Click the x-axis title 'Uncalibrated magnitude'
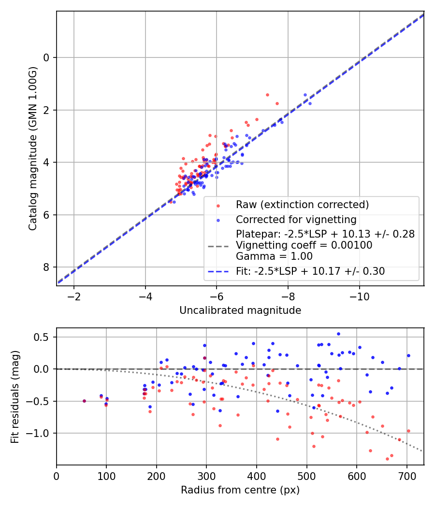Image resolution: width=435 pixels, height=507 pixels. click(240, 310)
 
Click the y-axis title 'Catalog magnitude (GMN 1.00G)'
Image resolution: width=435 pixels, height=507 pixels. click(32, 149)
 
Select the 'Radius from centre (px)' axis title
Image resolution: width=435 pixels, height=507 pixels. click(240, 490)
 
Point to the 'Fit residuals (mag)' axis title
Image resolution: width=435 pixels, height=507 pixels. click(15, 396)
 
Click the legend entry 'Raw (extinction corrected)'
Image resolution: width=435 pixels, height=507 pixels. click(302, 204)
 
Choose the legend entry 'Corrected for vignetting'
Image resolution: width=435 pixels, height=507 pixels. click(296, 220)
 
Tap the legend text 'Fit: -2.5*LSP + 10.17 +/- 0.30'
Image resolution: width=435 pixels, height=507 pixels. click(310, 271)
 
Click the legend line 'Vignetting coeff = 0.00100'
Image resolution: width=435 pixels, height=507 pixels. click(304, 245)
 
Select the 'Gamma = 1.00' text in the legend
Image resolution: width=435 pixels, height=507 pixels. click(274, 256)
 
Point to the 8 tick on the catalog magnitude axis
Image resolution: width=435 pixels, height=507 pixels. click(47, 268)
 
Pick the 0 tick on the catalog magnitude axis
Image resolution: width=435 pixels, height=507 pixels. click(47, 58)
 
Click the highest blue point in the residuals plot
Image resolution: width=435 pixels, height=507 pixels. click(338, 334)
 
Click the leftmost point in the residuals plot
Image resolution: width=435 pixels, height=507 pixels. click(84, 401)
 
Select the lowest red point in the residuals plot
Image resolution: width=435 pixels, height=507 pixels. click(387, 459)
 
